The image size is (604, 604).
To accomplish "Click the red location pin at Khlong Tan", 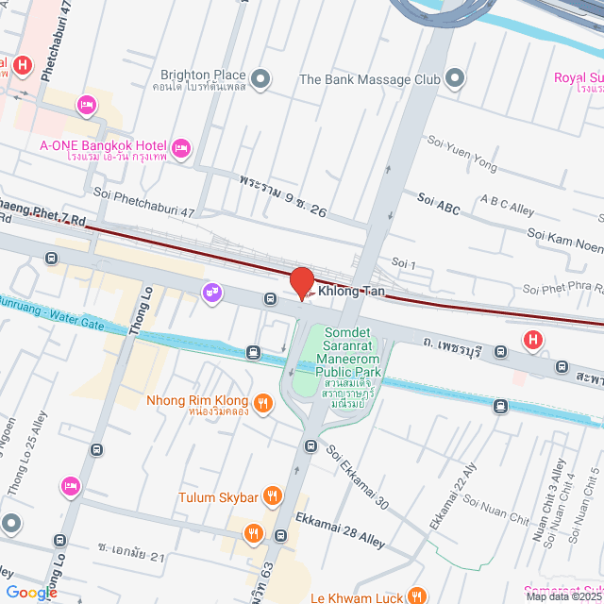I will click(x=301, y=282).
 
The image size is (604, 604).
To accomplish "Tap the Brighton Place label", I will click(x=203, y=75).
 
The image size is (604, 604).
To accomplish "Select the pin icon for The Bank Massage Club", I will click(x=456, y=78).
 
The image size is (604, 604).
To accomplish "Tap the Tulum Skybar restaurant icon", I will click(x=272, y=495).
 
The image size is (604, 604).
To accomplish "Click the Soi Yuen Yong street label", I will click(x=461, y=166).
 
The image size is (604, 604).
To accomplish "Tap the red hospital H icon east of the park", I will click(x=533, y=340).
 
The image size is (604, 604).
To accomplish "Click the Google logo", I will click(x=31, y=592).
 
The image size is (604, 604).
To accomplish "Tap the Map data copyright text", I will click(x=562, y=596).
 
